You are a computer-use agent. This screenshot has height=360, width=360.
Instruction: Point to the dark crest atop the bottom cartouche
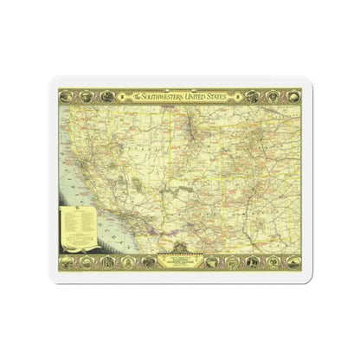coord(179,250)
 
